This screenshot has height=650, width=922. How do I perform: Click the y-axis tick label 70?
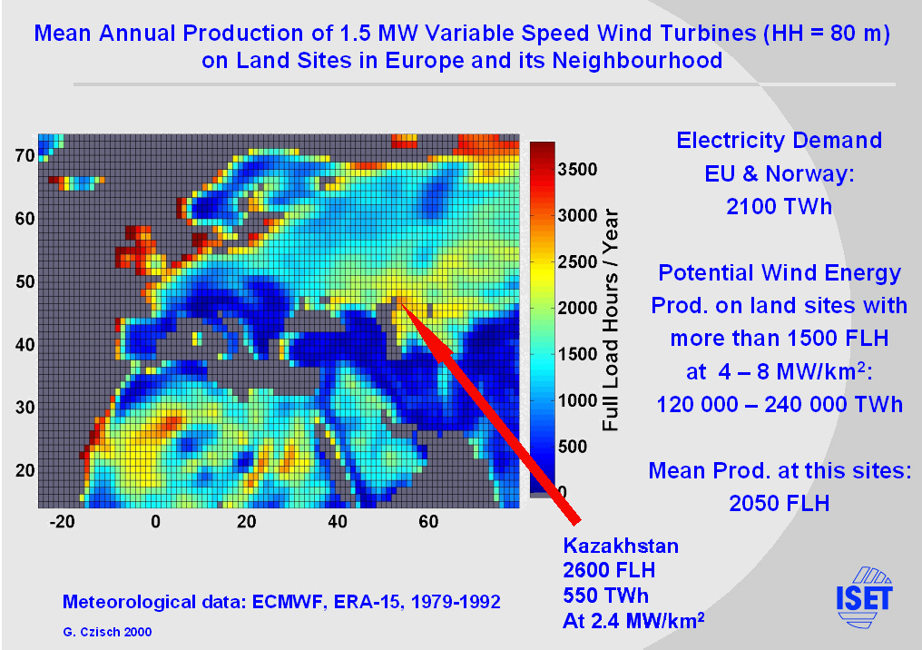[x=25, y=155]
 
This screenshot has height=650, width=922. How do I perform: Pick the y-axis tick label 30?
[x=25, y=408]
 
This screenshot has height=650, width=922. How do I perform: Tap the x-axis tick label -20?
[x=62, y=522]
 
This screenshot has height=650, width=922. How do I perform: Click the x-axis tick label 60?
[x=429, y=522]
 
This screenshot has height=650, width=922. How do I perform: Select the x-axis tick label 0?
[x=155, y=522]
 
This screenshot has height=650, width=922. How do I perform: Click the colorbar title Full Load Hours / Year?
[x=611, y=320]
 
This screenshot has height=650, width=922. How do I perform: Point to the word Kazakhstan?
[x=621, y=546]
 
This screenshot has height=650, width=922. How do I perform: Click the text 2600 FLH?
[x=609, y=570]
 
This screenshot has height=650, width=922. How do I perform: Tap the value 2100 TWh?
[x=779, y=206]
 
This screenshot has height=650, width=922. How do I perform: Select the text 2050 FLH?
[x=779, y=502]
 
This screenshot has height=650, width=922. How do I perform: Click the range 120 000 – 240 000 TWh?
[x=779, y=404]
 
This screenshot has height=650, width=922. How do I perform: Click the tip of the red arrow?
[x=400, y=302]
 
